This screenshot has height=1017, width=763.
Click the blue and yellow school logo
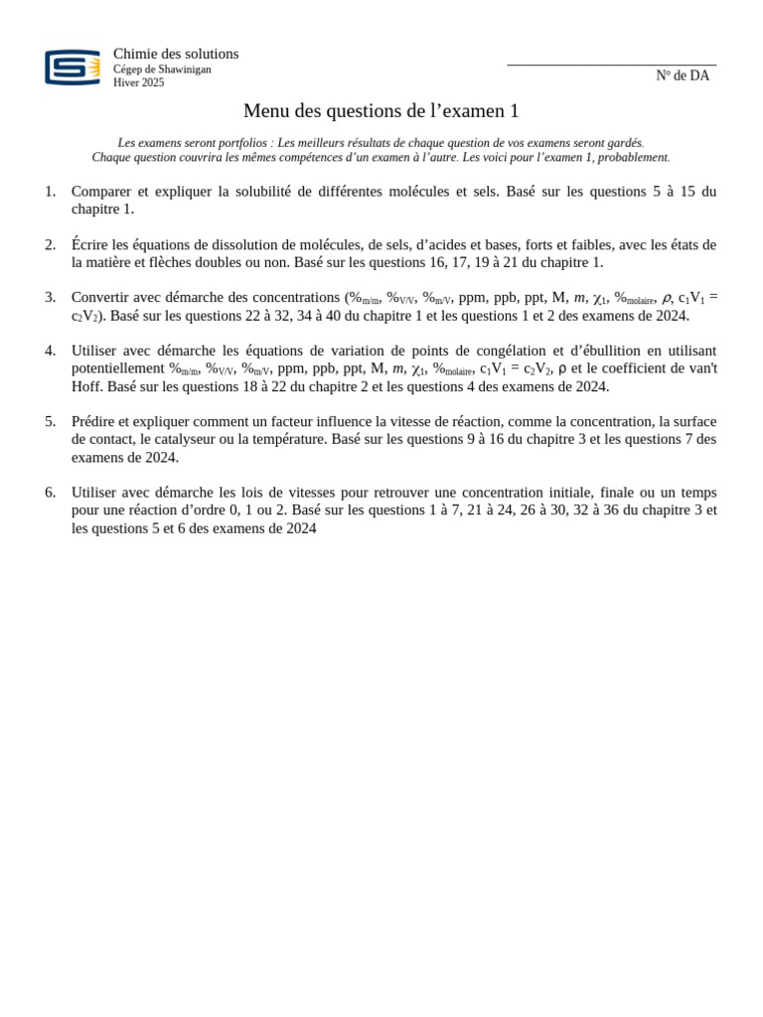73,68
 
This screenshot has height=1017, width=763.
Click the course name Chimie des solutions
176,54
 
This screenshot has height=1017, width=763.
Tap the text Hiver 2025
139,83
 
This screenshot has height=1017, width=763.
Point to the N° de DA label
683,75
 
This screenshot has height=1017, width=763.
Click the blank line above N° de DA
611,65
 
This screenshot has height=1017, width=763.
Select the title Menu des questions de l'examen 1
381,111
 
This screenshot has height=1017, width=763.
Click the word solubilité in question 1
251,191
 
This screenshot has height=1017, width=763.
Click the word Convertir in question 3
101,297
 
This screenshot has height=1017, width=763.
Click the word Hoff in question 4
86,386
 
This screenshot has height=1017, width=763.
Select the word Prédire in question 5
95,421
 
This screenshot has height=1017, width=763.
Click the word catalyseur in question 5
188,439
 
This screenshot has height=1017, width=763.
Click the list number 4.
50,351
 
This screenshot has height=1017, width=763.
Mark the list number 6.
50,493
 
